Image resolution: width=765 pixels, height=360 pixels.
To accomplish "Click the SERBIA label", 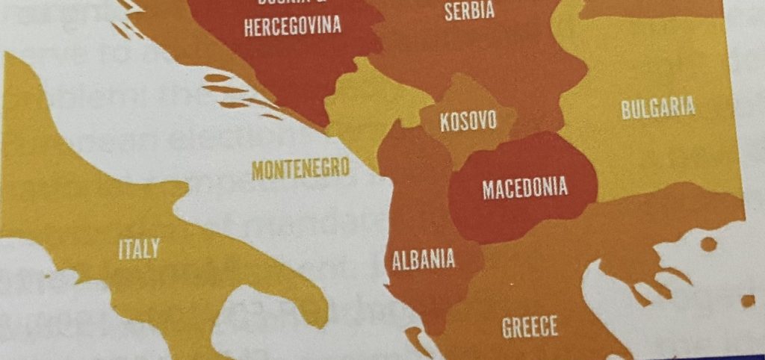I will pos(469,11).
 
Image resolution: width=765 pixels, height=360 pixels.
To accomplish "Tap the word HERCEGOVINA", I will pos(292,27).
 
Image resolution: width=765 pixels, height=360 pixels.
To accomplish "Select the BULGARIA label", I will pos(658,108).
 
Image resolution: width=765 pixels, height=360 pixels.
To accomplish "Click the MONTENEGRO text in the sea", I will pos(300,169).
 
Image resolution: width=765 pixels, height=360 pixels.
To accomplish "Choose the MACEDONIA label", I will pos(524,187).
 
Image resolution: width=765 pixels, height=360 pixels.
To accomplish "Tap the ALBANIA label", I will pos(424,259).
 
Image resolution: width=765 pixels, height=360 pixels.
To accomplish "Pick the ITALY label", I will pos(139,249).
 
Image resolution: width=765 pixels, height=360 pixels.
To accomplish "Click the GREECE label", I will pos(530,326).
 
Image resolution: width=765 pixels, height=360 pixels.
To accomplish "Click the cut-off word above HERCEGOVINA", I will pos(292,4).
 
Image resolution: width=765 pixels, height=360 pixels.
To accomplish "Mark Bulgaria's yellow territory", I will pos(657,149).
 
